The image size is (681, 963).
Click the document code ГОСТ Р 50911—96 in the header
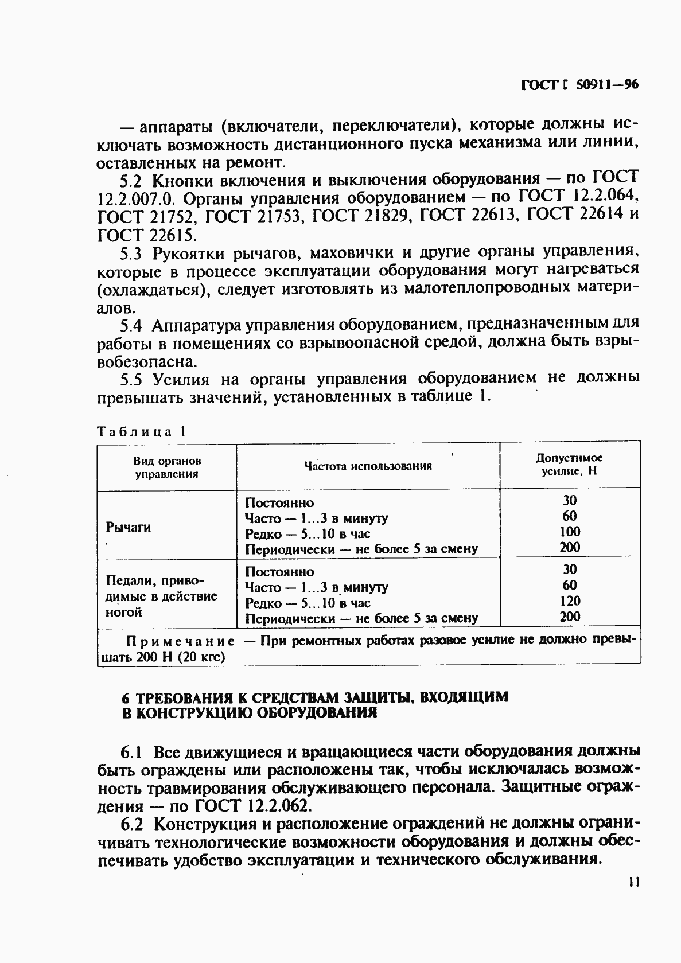tap(579, 85)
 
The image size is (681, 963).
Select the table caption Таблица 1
tap(141, 432)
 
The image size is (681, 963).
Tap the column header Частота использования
tap(368, 466)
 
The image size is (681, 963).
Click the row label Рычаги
tap(129, 527)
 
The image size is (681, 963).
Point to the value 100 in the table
tap(570, 531)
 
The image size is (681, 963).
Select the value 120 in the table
tap(570, 601)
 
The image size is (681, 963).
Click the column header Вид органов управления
tap(167, 467)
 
